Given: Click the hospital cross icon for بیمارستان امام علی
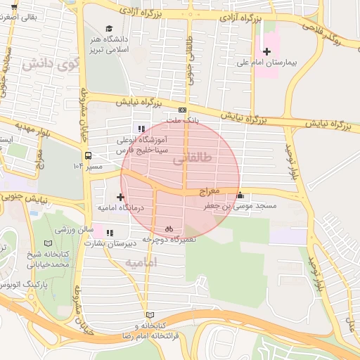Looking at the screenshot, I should pos(266,51).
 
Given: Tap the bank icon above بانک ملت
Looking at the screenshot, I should pos(182,110).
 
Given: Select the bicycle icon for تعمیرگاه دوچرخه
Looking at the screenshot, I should pos(169,229).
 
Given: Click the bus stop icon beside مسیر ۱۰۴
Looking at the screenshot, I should pos(88,155).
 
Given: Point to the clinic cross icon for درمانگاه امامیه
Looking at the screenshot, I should pos(121,197).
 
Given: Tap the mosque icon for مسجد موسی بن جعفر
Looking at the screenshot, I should pos(241,195).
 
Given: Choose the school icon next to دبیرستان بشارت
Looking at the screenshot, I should pos(108,233).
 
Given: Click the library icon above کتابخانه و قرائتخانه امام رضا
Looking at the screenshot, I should pos(148,315).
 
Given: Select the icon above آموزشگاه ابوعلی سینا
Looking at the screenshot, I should pos(141,129).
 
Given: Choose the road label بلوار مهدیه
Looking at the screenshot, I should pos(22,131).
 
